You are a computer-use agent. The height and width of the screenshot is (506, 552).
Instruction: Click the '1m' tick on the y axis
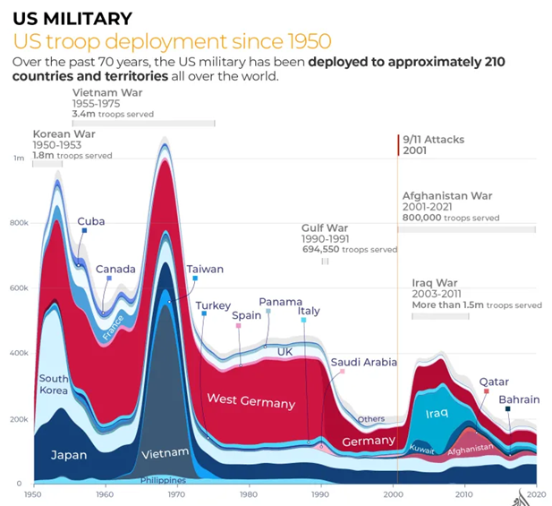point(18,158)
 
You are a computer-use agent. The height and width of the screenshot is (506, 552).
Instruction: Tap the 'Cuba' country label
point(90,221)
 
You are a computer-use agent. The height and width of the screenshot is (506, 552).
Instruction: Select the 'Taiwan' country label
point(205,269)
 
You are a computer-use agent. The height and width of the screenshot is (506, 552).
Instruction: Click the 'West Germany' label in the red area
point(251,399)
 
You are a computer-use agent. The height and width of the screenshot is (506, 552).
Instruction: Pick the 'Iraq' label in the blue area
point(436,413)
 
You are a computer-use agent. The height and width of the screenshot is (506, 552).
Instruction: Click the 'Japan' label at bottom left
point(69,455)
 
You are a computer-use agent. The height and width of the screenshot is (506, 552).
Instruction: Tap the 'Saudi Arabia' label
point(363,362)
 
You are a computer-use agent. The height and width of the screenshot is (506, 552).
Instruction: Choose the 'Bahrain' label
point(519,399)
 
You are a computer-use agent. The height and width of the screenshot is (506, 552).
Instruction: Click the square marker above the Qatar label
point(487,391)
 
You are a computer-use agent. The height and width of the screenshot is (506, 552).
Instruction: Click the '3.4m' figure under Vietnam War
point(84,115)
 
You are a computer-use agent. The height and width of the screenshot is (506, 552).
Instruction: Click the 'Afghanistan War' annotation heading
point(447,195)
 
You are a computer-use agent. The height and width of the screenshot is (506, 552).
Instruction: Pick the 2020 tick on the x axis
point(535,493)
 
